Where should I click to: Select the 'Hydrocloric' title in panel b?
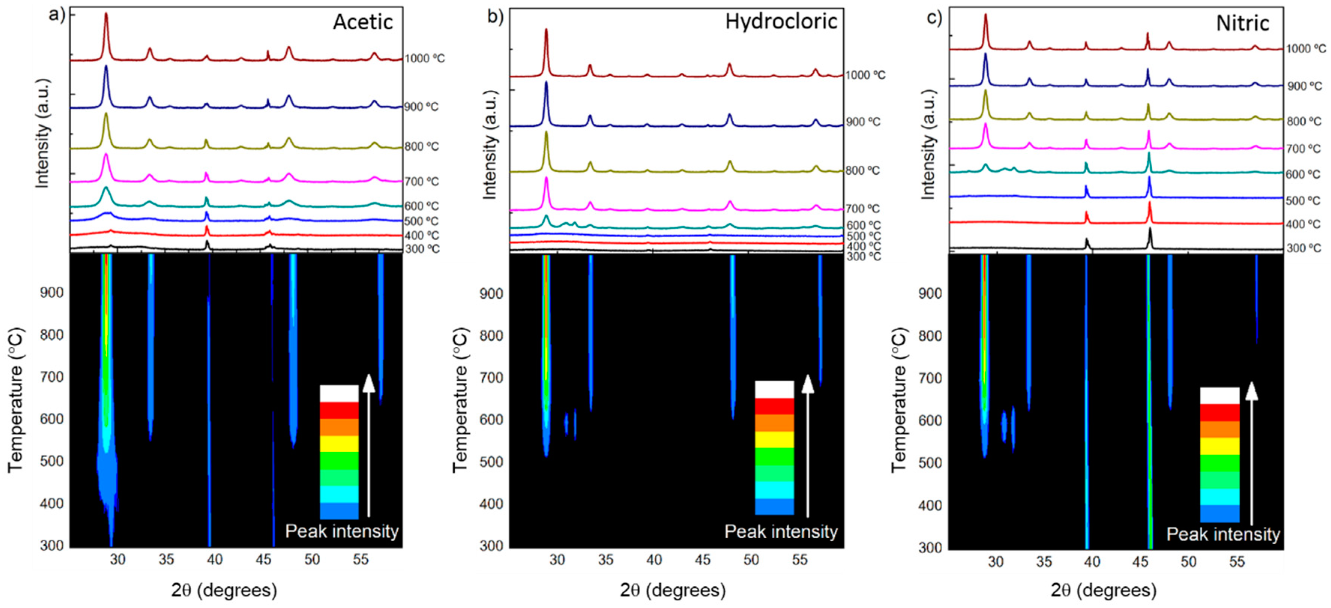click(x=781, y=22)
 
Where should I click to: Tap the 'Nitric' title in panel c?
click(x=1242, y=23)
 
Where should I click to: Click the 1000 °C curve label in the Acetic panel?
click(x=424, y=58)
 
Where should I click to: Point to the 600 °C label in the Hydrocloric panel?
click(x=862, y=225)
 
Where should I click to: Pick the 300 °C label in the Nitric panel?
click(x=1303, y=248)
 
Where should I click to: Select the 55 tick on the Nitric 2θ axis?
click(x=1237, y=562)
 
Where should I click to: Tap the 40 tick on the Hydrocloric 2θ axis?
click(x=654, y=560)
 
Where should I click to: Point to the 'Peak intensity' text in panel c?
click(x=1223, y=534)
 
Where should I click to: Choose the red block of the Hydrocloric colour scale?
click(x=774, y=406)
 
